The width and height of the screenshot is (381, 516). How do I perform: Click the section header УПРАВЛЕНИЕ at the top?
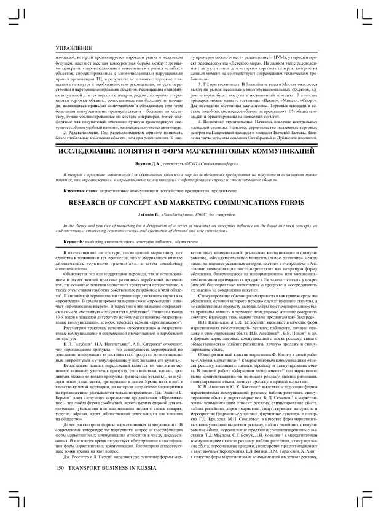click(73, 47)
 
